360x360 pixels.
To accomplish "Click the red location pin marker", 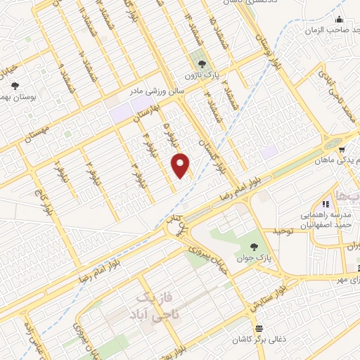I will pos(181,165).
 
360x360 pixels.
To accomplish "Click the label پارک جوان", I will pos(254,259).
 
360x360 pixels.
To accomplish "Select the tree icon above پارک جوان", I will pos(254,246).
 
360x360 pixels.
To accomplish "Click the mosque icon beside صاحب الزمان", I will pos(340,19).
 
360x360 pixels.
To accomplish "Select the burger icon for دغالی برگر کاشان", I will pos(260,329).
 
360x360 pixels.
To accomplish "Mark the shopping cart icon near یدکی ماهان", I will pos(340,150).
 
